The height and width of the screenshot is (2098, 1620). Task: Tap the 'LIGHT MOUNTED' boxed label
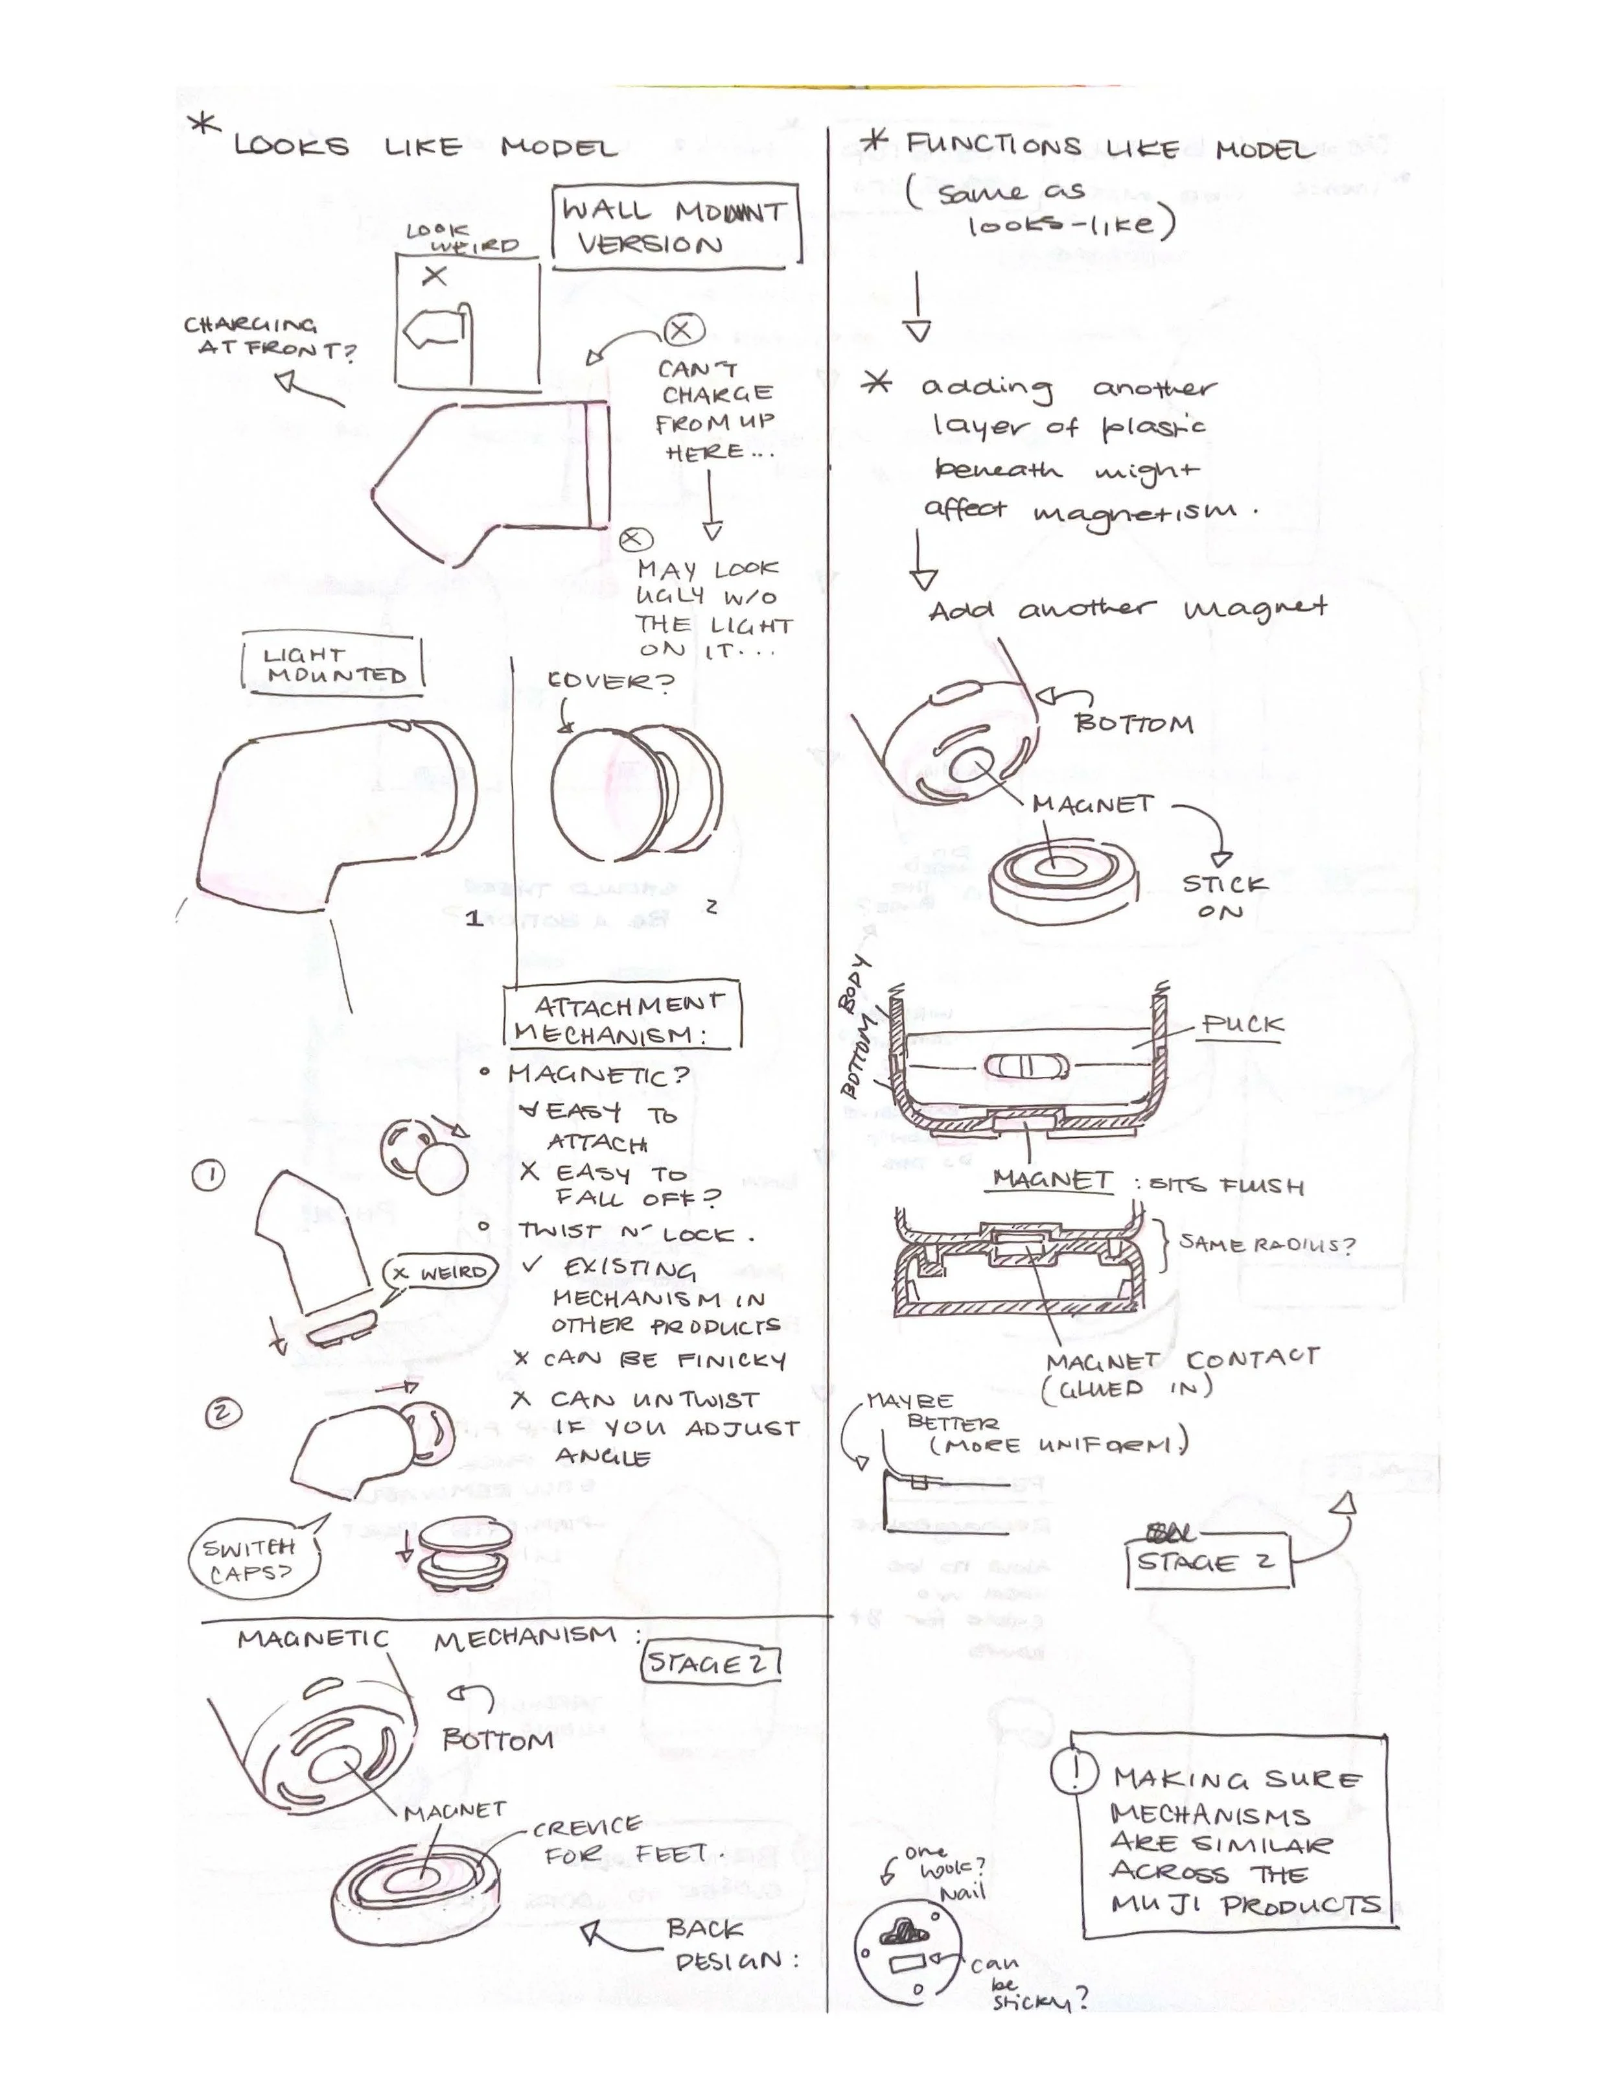tap(332, 665)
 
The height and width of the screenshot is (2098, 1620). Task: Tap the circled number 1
tap(209, 1175)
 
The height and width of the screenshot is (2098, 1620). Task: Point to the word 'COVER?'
tap(611, 681)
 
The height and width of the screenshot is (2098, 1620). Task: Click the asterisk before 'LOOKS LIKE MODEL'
tap(203, 128)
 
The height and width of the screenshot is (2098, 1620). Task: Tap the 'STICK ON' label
tap(1223, 896)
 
